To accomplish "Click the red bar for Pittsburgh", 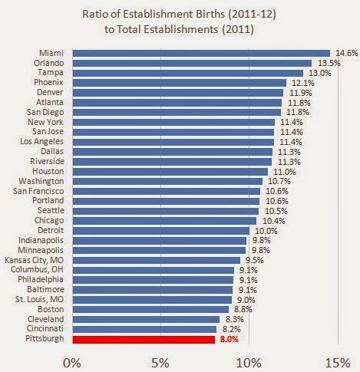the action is (x=144, y=340).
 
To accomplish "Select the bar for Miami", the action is (x=201, y=53).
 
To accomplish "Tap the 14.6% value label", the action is (x=346, y=53).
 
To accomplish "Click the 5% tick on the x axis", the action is (x=160, y=363).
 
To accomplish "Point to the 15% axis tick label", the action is (x=338, y=363).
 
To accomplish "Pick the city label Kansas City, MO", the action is (x=34, y=260).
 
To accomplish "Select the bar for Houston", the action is (x=170, y=172).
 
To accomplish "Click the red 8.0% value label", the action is (x=229, y=339).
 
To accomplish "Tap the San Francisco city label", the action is (x=38, y=191).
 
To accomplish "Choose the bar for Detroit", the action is (x=161, y=231).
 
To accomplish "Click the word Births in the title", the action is (x=210, y=14).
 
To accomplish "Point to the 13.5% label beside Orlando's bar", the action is (x=329, y=63).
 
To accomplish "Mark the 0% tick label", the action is (x=72, y=363).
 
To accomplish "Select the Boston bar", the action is (x=150, y=310).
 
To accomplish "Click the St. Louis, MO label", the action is (x=39, y=299).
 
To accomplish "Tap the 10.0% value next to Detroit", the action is (x=266, y=231).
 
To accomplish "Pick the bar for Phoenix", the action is (x=180, y=83).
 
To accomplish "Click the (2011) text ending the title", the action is (x=238, y=29).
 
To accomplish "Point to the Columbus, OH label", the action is (x=37, y=269).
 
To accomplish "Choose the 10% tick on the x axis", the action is (x=249, y=363).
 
